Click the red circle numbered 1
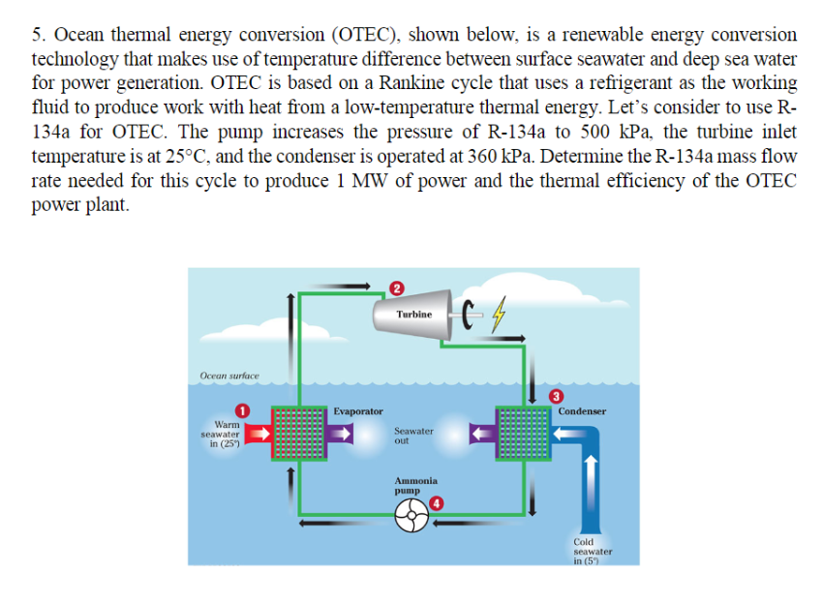click(241, 409)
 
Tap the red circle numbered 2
click(397, 288)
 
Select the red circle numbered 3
click(556, 396)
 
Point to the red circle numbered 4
click(436, 503)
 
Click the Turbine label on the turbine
click(414, 315)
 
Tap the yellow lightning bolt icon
click(499, 315)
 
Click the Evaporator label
click(358, 411)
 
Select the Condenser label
click(582, 411)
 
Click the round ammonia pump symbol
click(411, 515)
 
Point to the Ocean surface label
click(229, 376)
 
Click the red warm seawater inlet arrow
click(258, 434)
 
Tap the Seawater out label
click(413, 436)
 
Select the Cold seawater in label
click(593, 552)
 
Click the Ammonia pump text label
click(415, 485)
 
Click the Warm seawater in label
click(221, 434)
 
